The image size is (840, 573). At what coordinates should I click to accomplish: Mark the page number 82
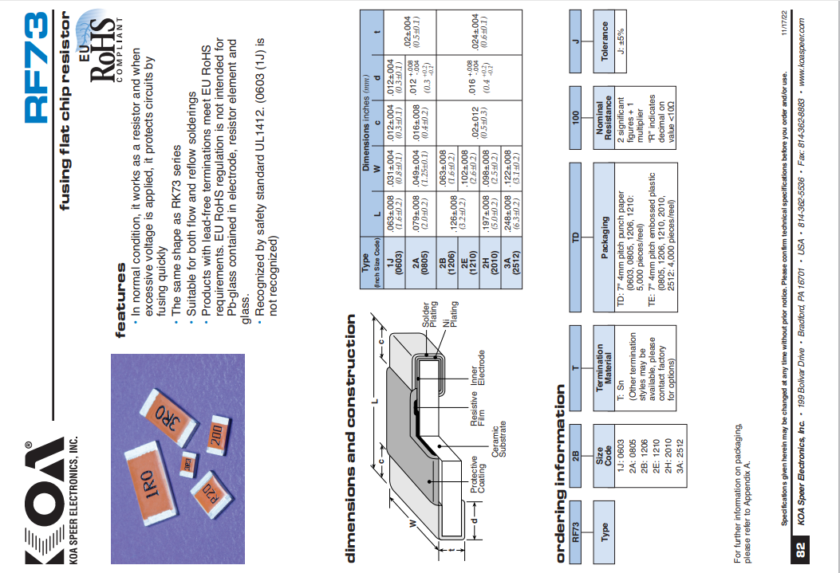click(802, 549)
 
